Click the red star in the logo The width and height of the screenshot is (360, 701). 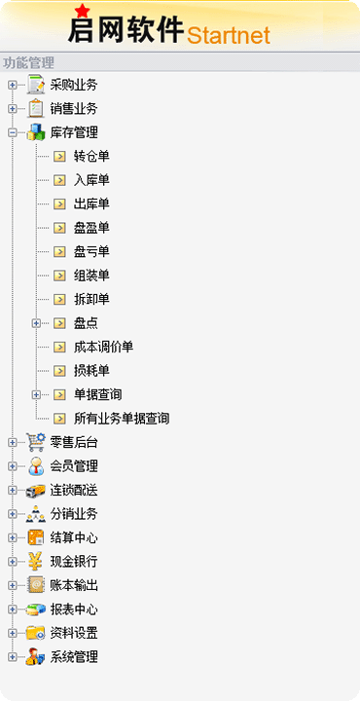pos(82,11)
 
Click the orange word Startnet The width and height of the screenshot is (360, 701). pos(229,35)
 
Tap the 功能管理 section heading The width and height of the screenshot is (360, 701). pos(28,62)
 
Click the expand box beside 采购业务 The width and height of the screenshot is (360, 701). pos(12,85)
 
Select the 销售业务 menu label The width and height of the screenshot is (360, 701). pos(74,109)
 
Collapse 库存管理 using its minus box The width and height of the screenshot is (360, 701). pos(12,132)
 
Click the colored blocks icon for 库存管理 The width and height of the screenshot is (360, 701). pos(36,132)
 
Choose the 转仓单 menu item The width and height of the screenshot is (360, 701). pos(91,156)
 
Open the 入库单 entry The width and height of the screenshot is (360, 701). pos(91,180)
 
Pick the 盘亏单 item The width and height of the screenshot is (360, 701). pos(91,252)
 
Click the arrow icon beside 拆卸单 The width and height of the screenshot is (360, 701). pos(59,299)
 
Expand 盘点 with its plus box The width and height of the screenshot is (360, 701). pos(36,323)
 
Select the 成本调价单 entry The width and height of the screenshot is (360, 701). pos(104,347)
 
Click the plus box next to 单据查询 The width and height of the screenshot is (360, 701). pos(36,394)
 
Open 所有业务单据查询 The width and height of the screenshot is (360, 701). pos(122,419)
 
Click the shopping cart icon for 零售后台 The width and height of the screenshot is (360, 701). pos(36,442)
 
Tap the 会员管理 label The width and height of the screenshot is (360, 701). pos(74,466)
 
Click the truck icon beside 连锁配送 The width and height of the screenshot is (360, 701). pos(36,491)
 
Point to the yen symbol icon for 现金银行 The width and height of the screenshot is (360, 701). pos(36,562)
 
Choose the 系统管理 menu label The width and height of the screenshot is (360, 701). pos(74,657)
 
